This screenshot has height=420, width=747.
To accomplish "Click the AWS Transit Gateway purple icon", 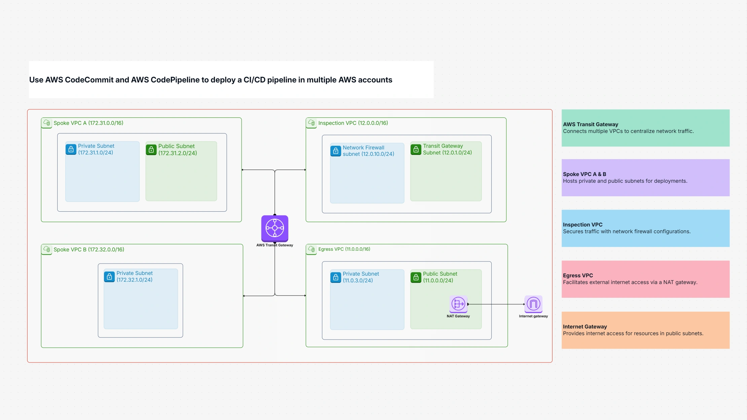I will pyautogui.click(x=275, y=228).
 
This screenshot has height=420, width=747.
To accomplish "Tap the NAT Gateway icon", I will pyautogui.click(x=458, y=304).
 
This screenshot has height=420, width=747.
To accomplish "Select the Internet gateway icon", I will pyautogui.click(x=533, y=304).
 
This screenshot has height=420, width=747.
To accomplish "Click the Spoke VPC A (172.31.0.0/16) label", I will pyautogui.click(x=88, y=123).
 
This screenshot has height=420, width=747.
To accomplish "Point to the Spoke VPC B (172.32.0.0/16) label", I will pyautogui.click(x=88, y=250).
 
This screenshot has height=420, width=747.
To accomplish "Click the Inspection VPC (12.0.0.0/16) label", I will pyautogui.click(x=353, y=123).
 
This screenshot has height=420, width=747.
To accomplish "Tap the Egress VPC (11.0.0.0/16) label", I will pyautogui.click(x=344, y=249).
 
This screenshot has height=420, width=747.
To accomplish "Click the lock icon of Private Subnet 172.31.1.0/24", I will pyautogui.click(x=71, y=149).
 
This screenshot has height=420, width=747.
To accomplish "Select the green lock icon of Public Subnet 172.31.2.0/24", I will pyautogui.click(x=151, y=149).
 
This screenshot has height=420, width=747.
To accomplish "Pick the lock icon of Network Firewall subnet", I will pyautogui.click(x=335, y=151).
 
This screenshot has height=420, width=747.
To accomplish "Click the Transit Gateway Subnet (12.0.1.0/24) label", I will pyautogui.click(x=447, y=149).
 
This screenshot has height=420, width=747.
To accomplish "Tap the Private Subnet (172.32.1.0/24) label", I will pyautogui.click(x=134, y=277).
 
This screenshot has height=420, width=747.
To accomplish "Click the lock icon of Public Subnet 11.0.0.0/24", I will pyautogui.click(x=416, y=277).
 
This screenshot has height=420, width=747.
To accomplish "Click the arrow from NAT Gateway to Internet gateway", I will pyautogui.click(x=496, y=304).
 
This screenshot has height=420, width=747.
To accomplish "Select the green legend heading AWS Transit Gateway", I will pyautogui.click(x=590, y=125).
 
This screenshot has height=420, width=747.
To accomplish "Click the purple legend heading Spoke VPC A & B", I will pyautogui.click(x=584, y=174).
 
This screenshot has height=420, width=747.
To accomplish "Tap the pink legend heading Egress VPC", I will pyautogui.click(x=577, y=276).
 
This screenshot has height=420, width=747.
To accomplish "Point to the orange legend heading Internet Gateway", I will pyautogui.click(x=584, y=327).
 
